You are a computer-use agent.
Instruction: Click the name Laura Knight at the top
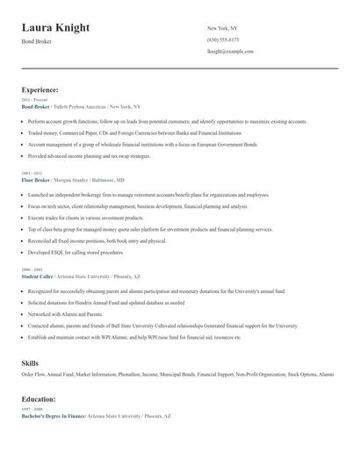point(55,28)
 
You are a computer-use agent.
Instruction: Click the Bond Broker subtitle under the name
point(37,41)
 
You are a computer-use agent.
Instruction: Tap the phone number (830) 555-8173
point(222,39)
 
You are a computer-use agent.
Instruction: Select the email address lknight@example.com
point(230,51)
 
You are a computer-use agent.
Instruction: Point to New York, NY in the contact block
point(223,28)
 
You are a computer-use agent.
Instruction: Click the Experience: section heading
point(40,89)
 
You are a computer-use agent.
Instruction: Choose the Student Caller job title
point(38,275)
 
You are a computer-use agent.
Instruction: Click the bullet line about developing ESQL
point(76,252)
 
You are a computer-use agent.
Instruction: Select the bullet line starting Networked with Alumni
point(65,313)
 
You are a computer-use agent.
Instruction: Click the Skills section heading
point(31,362)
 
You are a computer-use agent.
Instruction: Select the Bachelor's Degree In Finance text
point(54,416)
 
